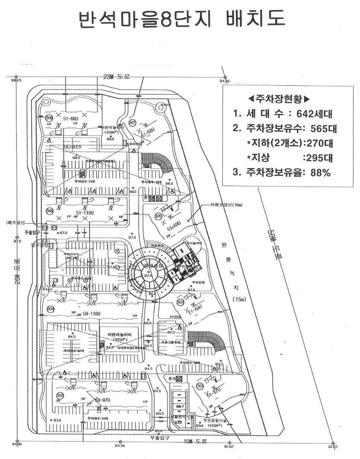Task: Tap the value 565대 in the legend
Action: (322, 129)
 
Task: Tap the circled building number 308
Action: (49, 118)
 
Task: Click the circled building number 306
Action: (49, 211)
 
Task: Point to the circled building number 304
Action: (50, 309)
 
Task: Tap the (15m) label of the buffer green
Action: (237, 299)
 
